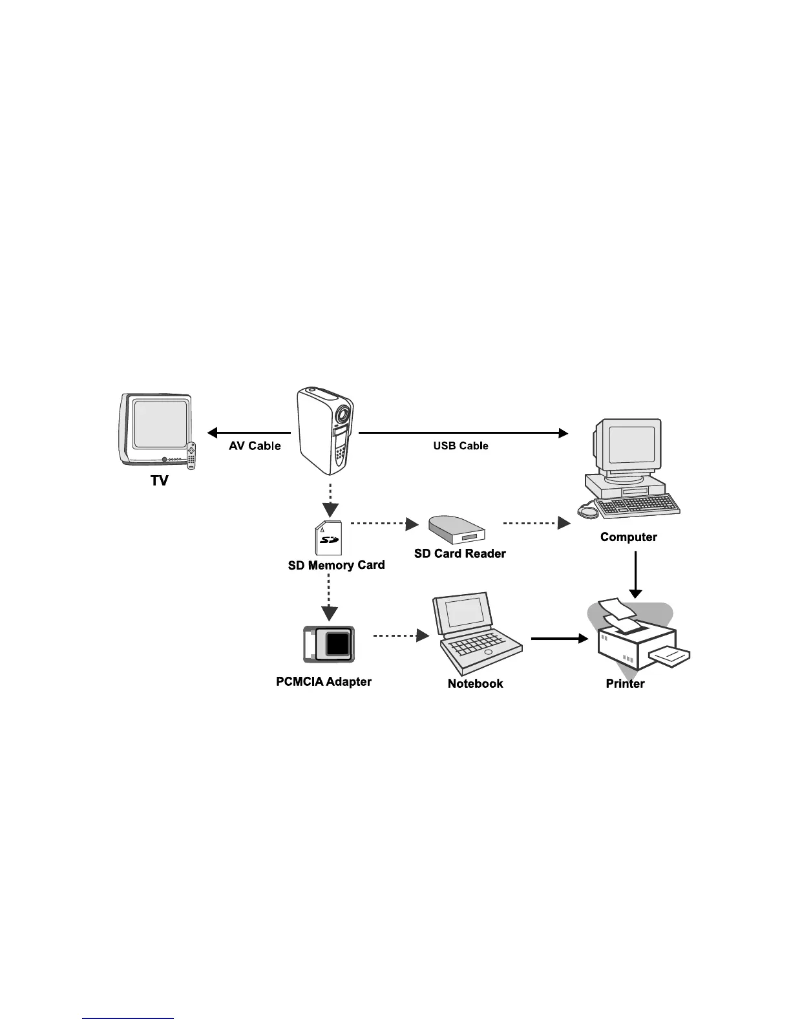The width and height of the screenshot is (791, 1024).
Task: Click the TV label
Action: click(159, 481)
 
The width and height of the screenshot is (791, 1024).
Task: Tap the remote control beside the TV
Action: click(191, 455)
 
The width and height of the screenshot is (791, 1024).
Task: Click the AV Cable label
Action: click(255, 446)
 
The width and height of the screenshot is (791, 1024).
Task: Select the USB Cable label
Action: click(461, 446)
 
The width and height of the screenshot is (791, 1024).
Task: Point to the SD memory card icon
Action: click(329, 538)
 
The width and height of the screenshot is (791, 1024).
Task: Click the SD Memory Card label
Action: click(336, 566)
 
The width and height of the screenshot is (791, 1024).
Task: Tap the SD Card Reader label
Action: click(459, 554)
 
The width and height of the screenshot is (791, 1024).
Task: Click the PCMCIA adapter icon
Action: click(329, 645)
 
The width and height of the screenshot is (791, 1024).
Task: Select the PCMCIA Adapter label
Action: click(324, 682)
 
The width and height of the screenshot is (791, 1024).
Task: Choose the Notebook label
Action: click(475, 684)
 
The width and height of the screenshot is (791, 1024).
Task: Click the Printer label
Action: click(625, 684)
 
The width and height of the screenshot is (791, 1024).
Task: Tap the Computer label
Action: click(628, 537)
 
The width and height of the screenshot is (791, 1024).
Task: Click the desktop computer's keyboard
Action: click(637, 506)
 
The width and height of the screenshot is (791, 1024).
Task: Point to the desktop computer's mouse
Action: click(589, 511)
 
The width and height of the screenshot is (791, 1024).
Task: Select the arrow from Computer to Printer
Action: click(635, 575)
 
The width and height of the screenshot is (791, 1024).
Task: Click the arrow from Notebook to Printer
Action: click(560, 639)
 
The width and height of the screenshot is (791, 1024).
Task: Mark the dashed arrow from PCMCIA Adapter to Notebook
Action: click(401, 636)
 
